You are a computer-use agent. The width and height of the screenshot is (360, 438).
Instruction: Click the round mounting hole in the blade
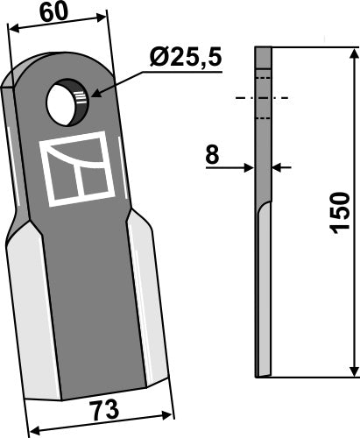[x=68, y=102]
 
